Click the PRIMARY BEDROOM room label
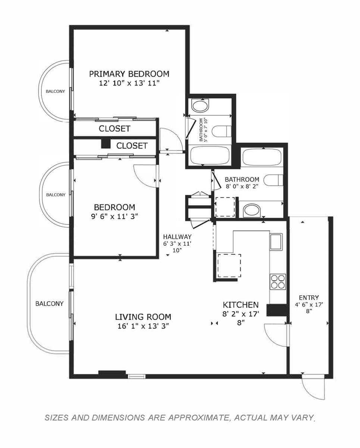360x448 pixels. point(129,74)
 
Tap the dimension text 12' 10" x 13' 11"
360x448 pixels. point(129,84)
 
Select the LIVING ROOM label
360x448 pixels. point(143,317)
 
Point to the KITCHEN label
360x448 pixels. point(241,305)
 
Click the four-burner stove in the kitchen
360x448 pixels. point(278,281)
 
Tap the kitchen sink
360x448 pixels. point(276,242)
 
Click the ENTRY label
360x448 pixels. point(309,298)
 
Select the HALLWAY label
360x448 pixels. point(177,237)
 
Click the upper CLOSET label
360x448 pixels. point(115,129)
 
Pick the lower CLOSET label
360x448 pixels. point(132,146)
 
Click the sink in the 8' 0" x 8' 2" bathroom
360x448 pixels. point(252,210)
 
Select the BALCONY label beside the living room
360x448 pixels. point(49,304)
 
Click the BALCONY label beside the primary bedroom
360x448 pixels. point(55,91)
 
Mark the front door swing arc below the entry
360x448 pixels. point(312,391)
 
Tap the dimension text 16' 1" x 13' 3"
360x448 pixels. point(143,326)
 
